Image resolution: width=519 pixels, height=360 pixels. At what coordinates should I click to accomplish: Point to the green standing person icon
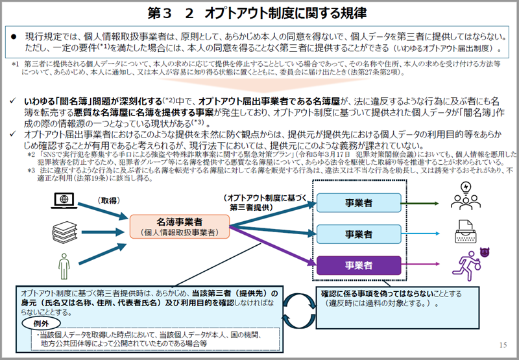(63, 265)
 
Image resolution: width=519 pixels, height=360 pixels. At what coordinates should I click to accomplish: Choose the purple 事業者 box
(358, 265)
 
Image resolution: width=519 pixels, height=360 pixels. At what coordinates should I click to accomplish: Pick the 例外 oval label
(38, 323)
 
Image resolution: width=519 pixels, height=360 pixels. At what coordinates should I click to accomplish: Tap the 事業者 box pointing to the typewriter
(358, 234)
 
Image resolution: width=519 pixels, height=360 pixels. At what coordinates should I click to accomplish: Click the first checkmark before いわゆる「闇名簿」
(14, 102)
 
